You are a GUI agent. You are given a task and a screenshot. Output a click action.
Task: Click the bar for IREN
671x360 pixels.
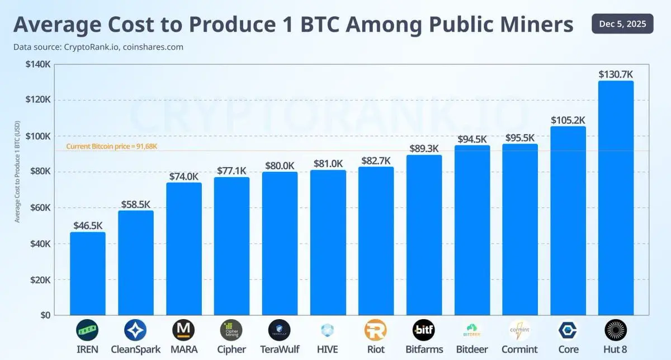(x=87, y=273)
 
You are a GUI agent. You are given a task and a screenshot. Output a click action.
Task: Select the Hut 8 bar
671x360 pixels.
(x=616, y=198)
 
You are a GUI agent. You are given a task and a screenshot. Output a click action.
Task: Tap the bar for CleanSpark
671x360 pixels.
(x=135, y=263)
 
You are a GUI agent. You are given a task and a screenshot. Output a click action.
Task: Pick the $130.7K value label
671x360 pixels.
(x=616, y=74)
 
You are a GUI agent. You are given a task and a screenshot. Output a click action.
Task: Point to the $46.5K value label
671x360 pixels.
(x=88, y=225)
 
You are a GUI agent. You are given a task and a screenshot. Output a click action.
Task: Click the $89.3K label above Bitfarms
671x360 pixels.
(x=424, y=148)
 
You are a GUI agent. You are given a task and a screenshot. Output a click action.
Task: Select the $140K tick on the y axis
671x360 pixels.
(x=39, y=65)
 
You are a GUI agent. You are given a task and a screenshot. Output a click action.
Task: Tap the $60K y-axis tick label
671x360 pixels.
(x=39, y=208)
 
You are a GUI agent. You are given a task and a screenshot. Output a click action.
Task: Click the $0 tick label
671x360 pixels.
(x=44, y=315)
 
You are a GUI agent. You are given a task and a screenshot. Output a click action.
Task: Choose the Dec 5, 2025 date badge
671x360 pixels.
(x=622, y=23)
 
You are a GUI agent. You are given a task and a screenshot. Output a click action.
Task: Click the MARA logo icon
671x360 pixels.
(x=183, y=330)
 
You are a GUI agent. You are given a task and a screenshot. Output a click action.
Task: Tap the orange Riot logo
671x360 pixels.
(x=375, y=330)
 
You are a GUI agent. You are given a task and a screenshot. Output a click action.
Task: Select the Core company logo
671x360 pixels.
(x=568, y=330)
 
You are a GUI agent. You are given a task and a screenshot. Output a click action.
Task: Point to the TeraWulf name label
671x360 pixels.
(x=280, y=349)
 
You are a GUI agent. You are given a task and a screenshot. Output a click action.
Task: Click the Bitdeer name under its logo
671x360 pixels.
(x=472, y=349)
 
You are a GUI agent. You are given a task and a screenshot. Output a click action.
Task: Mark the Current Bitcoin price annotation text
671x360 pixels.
(x=112, y=146)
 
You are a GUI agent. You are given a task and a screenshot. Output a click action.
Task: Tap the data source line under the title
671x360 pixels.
(x=98, y=47)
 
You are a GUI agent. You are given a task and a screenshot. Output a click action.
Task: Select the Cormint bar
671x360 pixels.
(x=519, y=229)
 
